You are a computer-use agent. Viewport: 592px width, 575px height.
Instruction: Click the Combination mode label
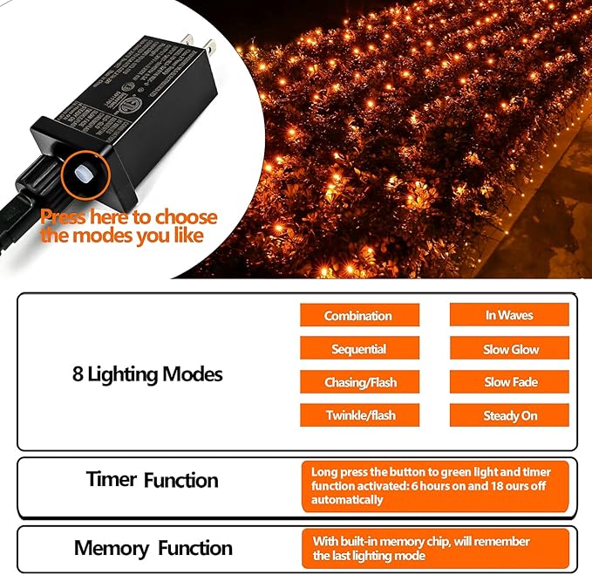(x=358, y=316)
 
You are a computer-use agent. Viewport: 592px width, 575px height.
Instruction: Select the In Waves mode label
(x=509, y=315)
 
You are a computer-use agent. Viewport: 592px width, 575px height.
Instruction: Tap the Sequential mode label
(x=358, y=349)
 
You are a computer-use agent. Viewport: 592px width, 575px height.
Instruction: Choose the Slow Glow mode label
(x=510, y=349)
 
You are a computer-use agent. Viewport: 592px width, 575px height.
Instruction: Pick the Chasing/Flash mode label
(x=358, y=382)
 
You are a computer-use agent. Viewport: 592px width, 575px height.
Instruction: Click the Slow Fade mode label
(x=510, y=382)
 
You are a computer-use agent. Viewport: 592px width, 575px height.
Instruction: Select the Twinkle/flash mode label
(x=358, y=415)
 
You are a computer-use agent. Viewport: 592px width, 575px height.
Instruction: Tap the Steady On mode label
(x=510, y=415)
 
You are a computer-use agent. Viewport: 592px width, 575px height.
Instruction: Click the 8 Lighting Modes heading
(x=147, y=374)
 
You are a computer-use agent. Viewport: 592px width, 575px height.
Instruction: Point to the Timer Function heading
(x=152, y=480)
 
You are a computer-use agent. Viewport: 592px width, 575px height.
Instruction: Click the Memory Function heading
(x=153, y=548)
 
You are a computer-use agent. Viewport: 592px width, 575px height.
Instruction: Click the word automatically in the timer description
(x=347, y=500)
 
